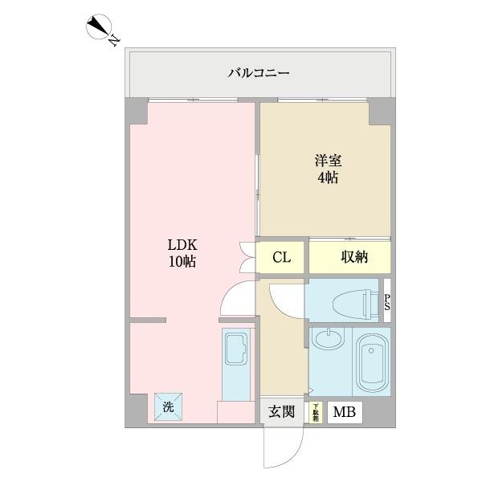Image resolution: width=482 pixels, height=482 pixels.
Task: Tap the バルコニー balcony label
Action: (259, 73)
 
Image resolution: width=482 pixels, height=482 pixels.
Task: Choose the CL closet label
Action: (280, 258)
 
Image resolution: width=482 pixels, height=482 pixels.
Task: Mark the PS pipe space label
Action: (387, 303)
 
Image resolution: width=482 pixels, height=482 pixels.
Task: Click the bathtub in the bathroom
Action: (370, 361)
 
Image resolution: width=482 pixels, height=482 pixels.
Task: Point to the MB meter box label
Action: (345, 413)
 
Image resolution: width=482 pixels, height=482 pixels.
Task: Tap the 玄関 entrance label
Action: (281, 413)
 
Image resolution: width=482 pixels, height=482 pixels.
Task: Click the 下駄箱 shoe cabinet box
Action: (316, 413)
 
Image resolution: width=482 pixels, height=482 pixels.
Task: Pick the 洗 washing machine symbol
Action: (169, 407)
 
